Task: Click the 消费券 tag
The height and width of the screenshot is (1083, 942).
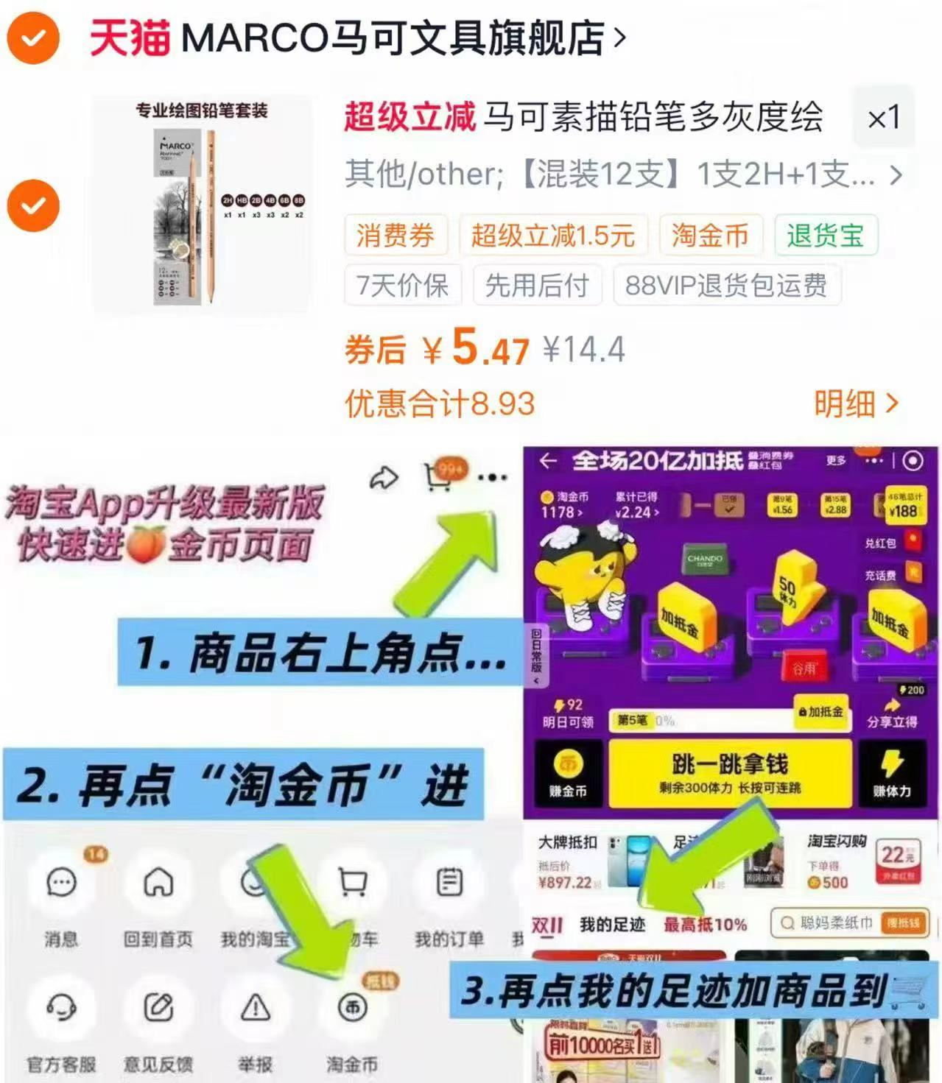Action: click(395, 236)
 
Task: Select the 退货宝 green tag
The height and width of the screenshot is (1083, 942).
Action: click(825, 236)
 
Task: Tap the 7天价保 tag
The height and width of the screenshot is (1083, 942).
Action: click(402, 285)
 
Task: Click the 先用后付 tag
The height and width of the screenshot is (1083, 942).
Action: click(536, 285)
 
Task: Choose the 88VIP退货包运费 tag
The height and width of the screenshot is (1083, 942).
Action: click(726, 285)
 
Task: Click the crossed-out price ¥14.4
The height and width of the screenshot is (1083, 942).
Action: click(583, 349)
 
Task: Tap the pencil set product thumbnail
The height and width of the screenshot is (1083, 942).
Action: click(200, 205)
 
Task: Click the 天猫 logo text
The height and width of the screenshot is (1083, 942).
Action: click(130, 38)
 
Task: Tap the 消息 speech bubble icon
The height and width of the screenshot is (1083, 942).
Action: click(61, 882)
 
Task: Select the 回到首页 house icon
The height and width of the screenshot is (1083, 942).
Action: click(158, 882)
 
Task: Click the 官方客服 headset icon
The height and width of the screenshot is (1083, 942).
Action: click(61, 1006)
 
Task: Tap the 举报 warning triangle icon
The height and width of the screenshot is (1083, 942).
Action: click(256, 1006)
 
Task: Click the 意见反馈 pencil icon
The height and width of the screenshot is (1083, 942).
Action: click(158, 1006)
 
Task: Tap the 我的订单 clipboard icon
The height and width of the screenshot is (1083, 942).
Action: click(449, 882)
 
